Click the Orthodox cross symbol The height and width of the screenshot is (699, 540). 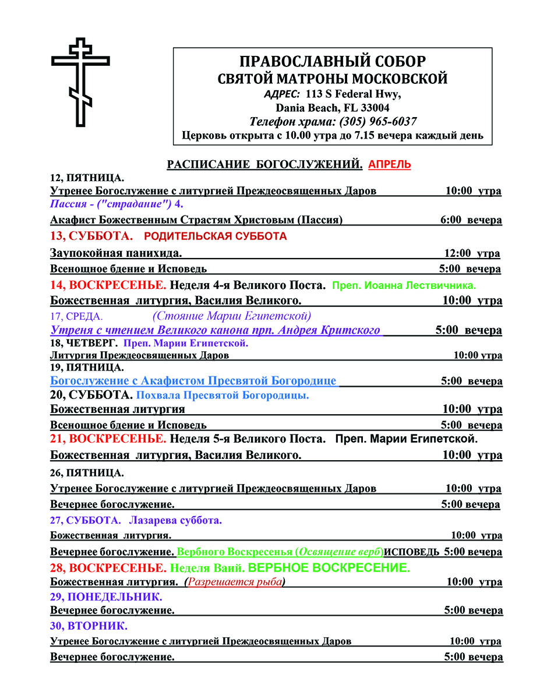[80, 82]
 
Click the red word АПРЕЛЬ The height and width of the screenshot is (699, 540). [389, 165]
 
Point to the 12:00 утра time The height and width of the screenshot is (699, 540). [472, 253]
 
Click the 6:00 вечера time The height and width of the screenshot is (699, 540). [471, 220]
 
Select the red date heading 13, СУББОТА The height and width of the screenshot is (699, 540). [91, 236]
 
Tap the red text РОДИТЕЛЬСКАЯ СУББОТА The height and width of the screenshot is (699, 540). [215, 236]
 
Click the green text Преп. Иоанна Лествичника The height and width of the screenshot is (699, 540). [404, 285]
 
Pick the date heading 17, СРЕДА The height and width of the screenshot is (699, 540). [76, 316]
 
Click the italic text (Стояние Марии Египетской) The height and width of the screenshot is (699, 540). [232, 316]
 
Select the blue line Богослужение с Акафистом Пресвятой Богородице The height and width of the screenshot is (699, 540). [193, 381]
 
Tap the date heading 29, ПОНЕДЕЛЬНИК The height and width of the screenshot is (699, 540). [106, 597]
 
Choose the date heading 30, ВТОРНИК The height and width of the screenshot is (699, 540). [89, 627]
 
